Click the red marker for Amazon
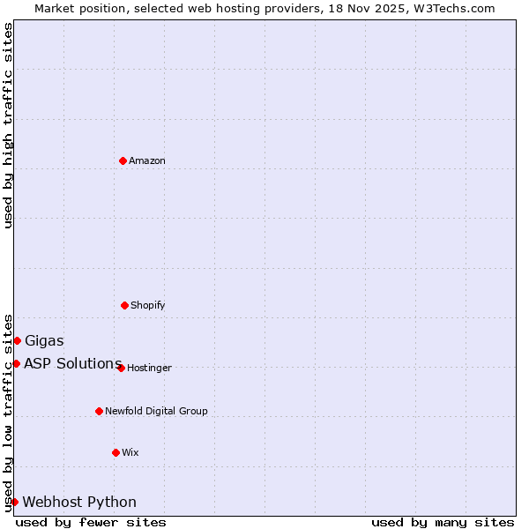tap(123, 160)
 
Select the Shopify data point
tap(124, 305)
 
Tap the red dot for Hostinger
tap(121, 368)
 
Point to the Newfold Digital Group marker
tap(99, 411)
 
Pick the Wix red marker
tap(115, 452)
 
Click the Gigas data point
tap(17, 340)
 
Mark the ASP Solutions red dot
tap(16, 363)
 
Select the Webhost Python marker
tap(14, 502)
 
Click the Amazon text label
tap(147, 160)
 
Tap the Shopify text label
tap(148, 305)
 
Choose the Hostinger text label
tap(149, 368)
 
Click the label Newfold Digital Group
tap(156, 411)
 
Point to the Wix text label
tap(130, 452)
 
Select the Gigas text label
tap(44, 341)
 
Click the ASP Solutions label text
tap(72, 363)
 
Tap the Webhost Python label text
tap(79, 503)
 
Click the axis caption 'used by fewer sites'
tap(91, 522)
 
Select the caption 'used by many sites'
tap(443, 522)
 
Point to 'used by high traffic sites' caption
tap(8, 125)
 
